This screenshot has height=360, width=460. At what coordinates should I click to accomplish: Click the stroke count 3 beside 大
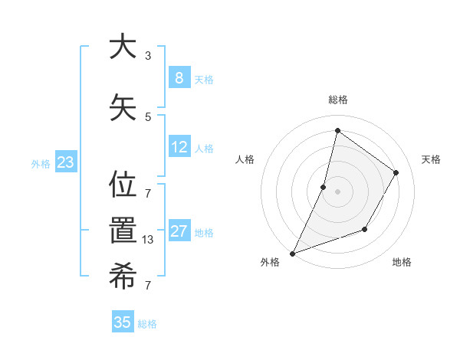coord(148,55)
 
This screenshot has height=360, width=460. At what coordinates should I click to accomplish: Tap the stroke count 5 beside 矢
coord(148,116)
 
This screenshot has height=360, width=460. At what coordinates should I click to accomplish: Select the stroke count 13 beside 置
coord(149,240)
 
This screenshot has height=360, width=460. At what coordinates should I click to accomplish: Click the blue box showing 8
coord(179,77)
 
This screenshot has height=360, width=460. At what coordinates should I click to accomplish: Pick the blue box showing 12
coord(179,146)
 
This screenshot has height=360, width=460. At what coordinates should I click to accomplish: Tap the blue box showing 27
coord(179,231)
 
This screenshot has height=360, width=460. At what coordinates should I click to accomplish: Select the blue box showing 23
coord(65,162)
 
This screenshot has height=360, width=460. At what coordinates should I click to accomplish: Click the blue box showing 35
coord(123,322)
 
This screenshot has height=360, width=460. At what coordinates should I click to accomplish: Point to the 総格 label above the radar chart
coord(337,100)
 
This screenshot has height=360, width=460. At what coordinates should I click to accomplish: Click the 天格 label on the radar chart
coord(431,159)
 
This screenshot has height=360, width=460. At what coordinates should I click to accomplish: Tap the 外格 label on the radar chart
coord(270,263)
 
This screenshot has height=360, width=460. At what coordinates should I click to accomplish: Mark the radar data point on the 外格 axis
coord(293,253)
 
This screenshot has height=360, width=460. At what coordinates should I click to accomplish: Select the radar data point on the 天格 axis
coord(396,172)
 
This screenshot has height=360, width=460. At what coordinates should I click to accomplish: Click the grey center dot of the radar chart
coord(337,191)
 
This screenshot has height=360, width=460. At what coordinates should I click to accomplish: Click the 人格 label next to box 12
coord(204,148)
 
